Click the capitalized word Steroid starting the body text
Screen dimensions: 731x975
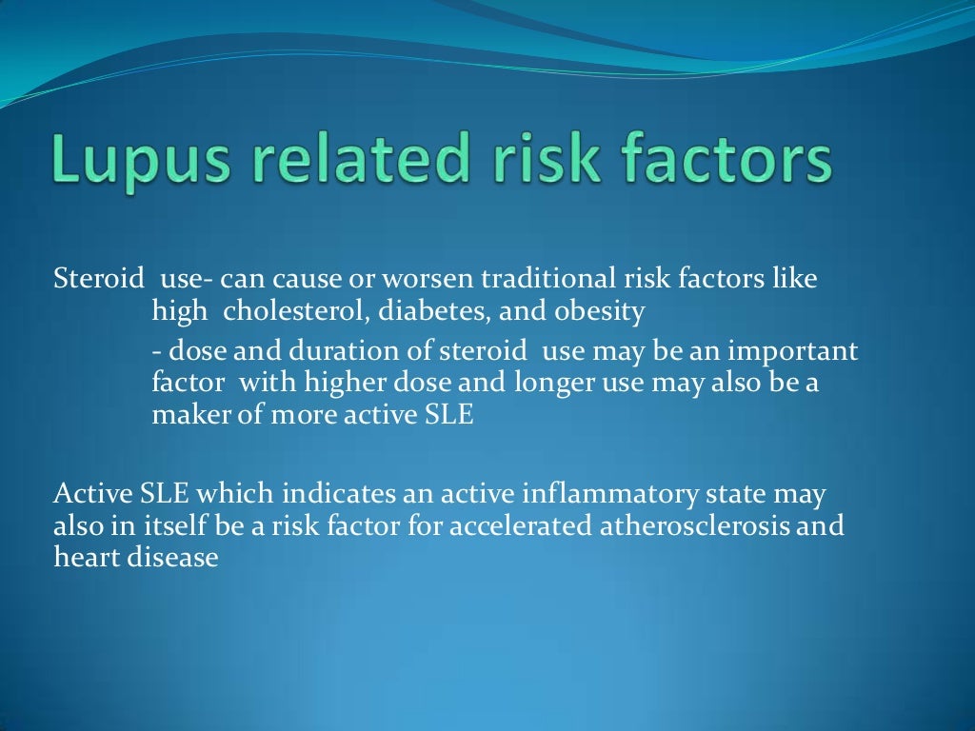(95, 281)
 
